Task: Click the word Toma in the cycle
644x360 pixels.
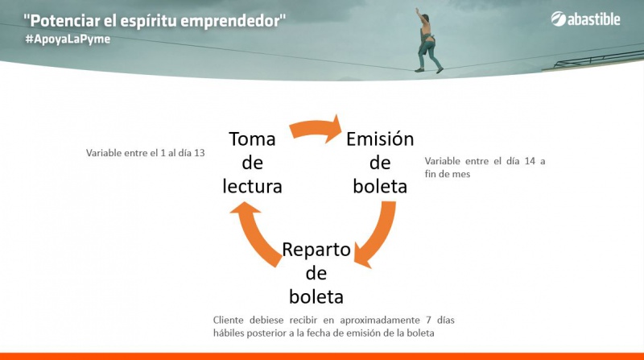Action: pos(252,139)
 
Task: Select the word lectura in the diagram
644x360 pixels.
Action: pos(252,186)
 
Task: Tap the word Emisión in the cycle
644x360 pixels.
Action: pos(380,139)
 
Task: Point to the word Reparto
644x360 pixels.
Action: pos(316,250)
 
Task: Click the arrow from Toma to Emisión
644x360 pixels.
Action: pos(315,127)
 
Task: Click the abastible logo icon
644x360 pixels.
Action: pos(558,19)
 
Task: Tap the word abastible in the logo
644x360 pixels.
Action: pos(594,19)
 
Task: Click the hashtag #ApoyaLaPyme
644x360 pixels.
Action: pos(68,39)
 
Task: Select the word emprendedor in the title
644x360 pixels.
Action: pos(230,22)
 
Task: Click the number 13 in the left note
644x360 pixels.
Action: pos(199,153)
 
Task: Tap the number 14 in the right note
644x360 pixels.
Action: pos(530,161)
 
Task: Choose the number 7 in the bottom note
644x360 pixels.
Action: pos(428,320)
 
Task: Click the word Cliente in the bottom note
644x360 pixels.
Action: pos(228,320)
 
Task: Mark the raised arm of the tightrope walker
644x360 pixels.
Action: pos(420,15)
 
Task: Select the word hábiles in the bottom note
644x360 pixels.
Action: pos(227,333)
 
